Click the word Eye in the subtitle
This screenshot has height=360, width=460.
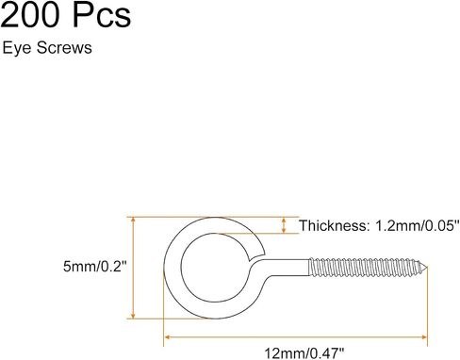(x=17, y=48)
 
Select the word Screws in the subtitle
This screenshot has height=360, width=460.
(x=64, y=48)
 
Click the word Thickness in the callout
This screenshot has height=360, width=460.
(x=333, y=225)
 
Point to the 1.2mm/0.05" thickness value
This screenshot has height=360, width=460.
(x=415, y=225)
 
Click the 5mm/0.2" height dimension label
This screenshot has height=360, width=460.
(x=94, y=267)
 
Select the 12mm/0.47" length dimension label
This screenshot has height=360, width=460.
(x=304, y=353)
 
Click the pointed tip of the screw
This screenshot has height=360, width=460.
(x=427, y=268)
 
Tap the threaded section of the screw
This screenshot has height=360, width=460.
(x=366, y=268)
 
